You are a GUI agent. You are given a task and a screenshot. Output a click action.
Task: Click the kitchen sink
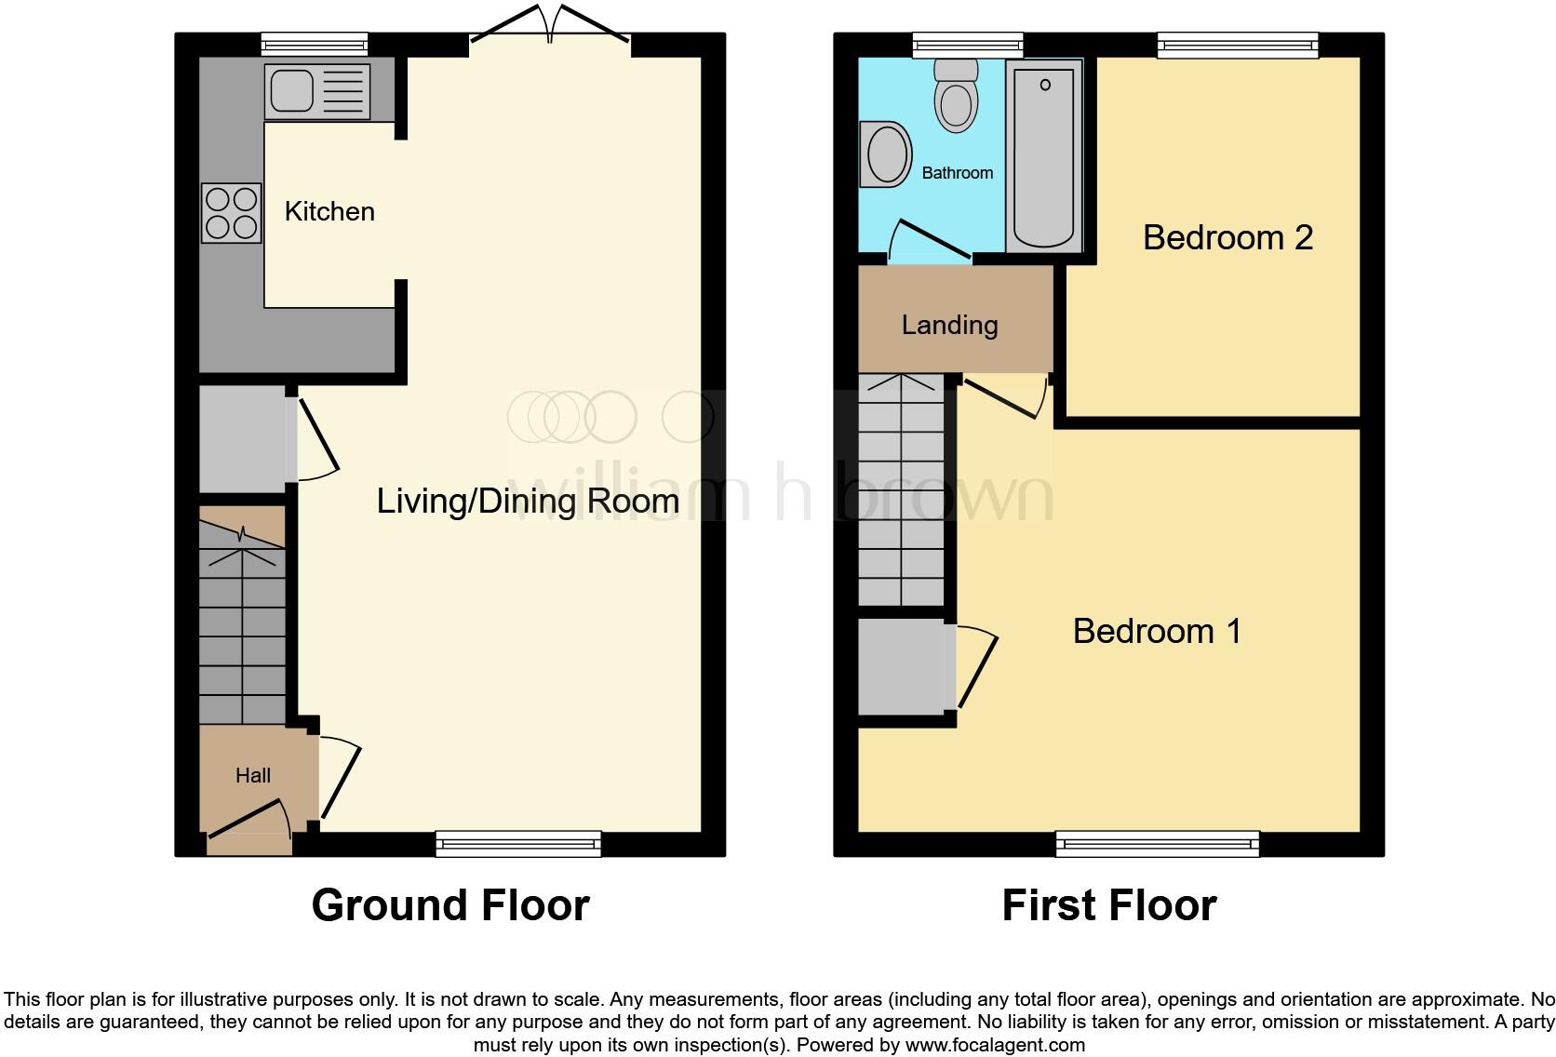coord(316,91)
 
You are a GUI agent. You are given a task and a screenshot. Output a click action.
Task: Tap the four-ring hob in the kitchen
coord(231,213)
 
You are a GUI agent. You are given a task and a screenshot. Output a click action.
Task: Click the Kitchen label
coord(329,212)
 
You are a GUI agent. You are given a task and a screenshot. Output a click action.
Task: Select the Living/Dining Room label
coord(527,502)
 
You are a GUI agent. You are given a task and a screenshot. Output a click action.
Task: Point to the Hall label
coord(253,775)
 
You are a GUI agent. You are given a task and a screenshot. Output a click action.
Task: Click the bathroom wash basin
coord(886,154)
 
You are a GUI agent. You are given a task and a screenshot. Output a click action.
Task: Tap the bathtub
coord(1044,156)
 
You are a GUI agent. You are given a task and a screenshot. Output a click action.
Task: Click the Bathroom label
coord(957,173)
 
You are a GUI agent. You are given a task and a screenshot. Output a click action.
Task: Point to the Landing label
coord(949,325)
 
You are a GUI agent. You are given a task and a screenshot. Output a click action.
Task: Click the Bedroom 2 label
coord(1227,237)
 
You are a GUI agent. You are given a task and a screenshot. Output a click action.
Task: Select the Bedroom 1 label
coord(1157,631)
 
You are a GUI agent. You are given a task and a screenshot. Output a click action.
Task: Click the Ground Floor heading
coord(450,904)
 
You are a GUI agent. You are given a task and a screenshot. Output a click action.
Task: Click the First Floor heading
coord(1108,904)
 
